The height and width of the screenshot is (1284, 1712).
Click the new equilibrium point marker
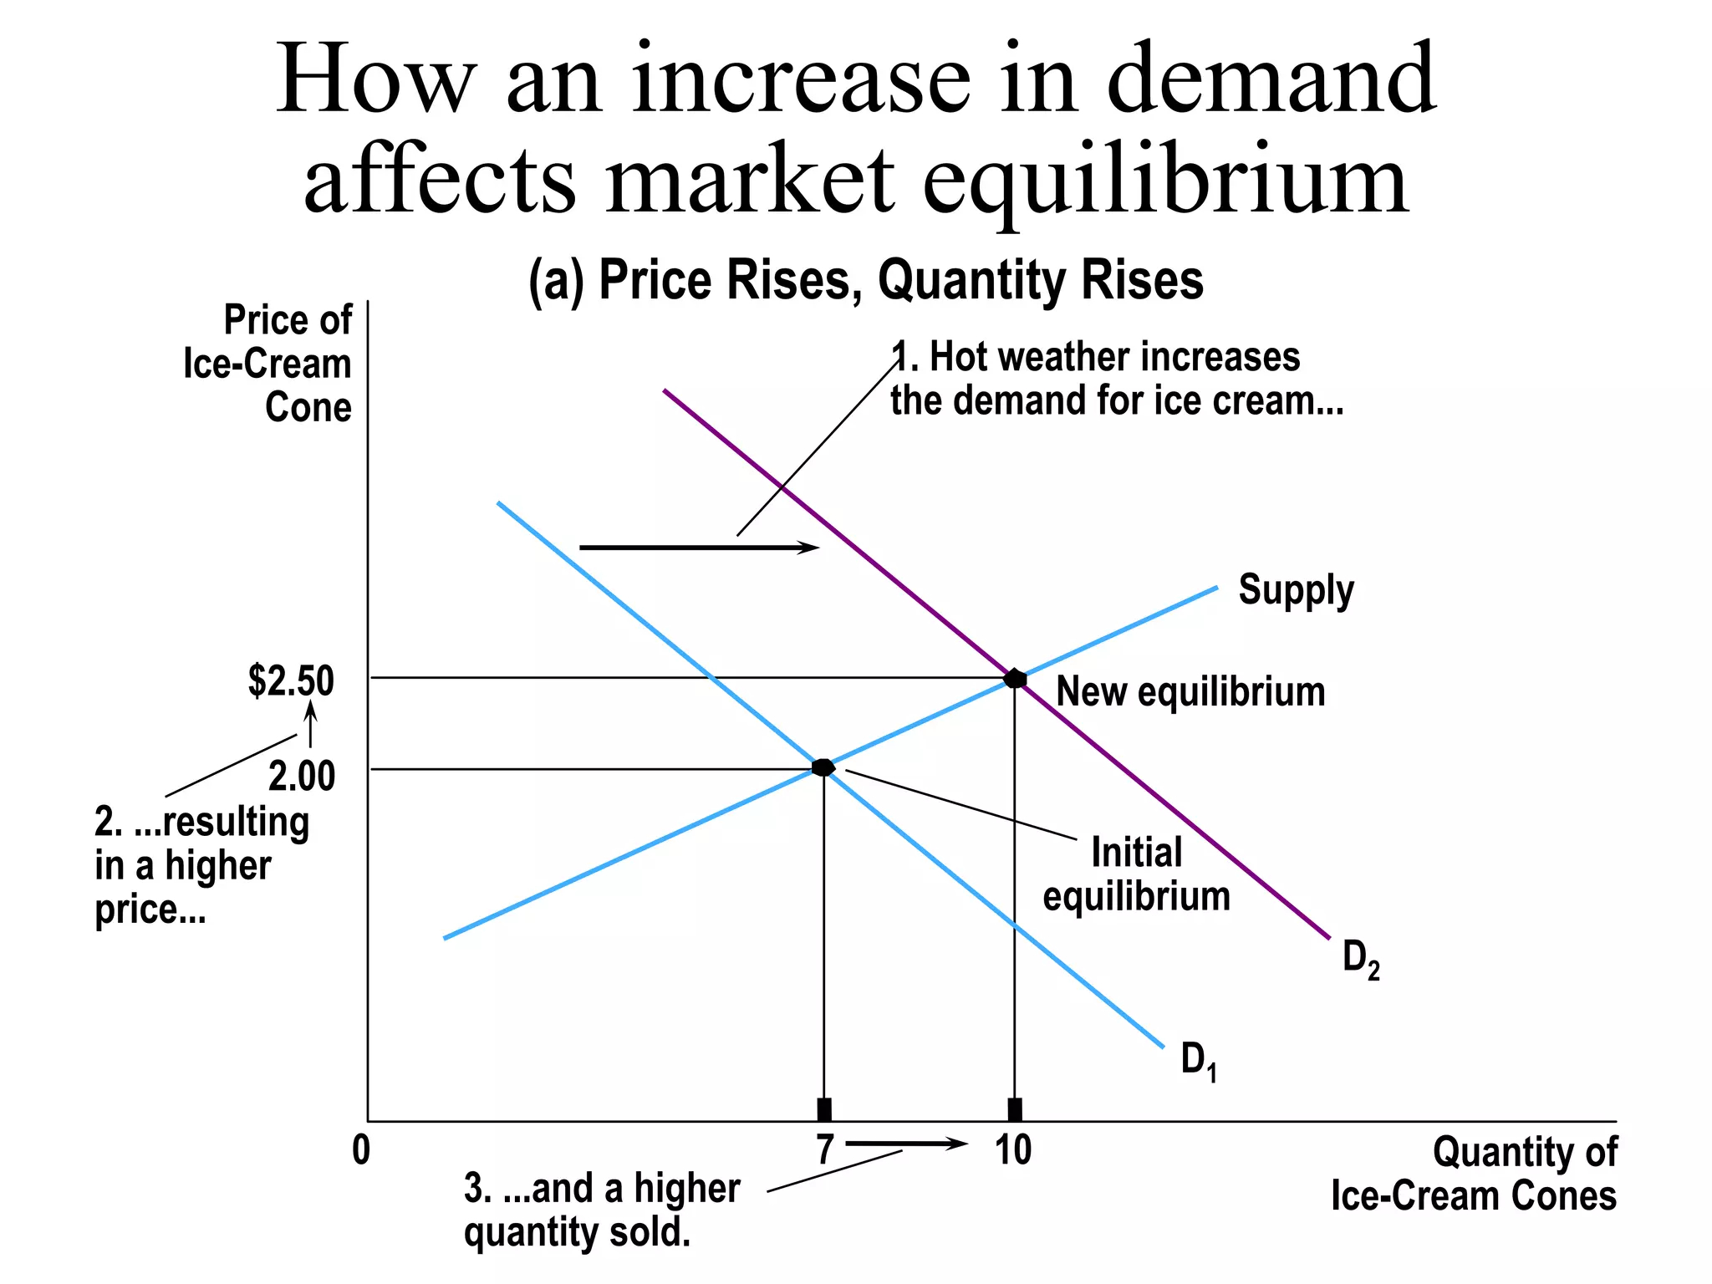pos(1014,678)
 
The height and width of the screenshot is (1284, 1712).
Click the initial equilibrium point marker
pos(823,767)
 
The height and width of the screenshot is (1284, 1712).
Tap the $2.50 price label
pos(291,680)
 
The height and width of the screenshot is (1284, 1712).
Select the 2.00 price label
pos(302,776)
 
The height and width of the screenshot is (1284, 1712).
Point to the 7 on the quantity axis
pos(825,1150)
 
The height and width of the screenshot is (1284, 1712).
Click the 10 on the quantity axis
pos(1013,1150)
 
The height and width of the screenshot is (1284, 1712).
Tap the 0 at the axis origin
pos(360,1150)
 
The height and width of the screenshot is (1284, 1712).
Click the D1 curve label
pos(1198,1060)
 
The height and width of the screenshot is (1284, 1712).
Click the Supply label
pos(1295,590)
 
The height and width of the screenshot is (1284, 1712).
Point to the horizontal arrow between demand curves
pos(699,548)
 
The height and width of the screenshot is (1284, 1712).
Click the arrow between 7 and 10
pos(906,1144)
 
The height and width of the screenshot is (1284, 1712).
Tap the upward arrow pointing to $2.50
pos(310,724)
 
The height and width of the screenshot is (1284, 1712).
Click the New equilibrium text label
pos(1190,692)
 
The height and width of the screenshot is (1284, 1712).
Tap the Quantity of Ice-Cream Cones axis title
pos(1474,1174)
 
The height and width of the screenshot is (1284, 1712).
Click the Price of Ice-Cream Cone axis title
pos(267,364)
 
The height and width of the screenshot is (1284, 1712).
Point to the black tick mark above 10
pos(1014,1110)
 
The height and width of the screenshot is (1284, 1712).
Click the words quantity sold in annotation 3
pos(577,1232)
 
